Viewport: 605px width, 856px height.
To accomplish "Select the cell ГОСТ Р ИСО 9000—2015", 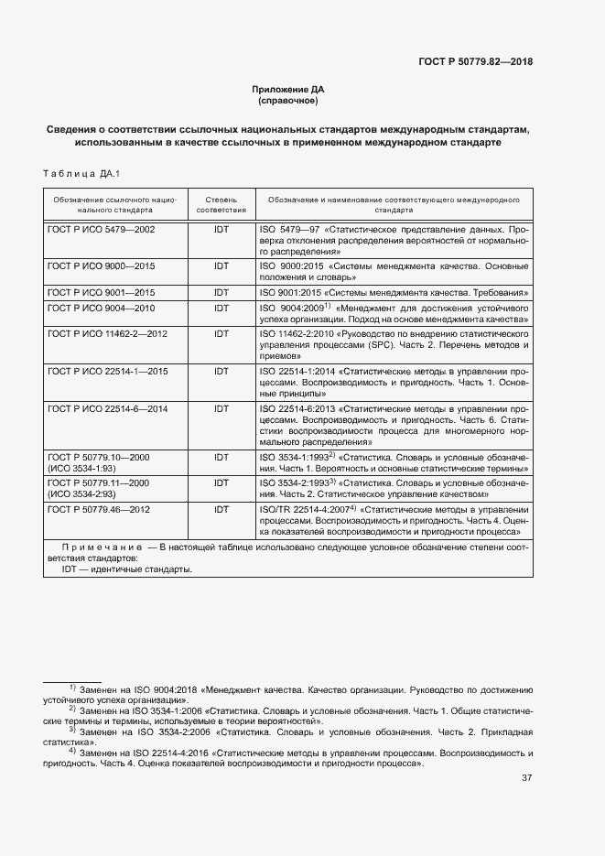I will click(102, 265).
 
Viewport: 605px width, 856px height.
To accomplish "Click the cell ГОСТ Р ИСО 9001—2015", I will click(102, 291).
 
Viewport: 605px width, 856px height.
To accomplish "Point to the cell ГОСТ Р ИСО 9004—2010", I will click(102, 309).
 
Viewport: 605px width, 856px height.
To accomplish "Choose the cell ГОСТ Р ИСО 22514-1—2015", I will click(106, 373).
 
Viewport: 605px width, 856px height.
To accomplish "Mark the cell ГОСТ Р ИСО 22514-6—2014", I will click(106, 409).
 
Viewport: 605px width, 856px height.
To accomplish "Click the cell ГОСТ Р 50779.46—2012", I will click(99, 508).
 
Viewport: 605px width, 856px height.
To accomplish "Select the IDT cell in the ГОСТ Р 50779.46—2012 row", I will click(221, 508).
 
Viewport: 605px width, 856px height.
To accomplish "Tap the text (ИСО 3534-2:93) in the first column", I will click(82, 493).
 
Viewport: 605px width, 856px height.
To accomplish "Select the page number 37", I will click(526, 778).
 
